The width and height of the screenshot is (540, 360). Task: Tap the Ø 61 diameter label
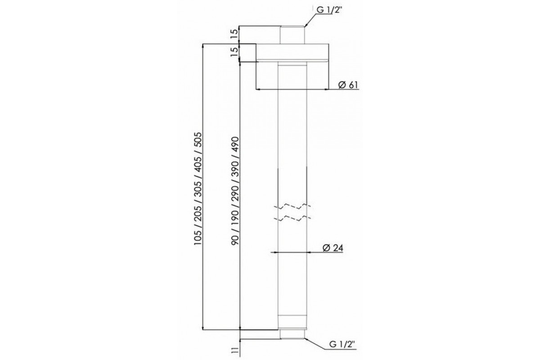[x=348, y=85]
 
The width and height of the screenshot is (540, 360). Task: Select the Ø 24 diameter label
[x=333, y=248]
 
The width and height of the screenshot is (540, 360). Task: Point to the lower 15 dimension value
[x=234, y=52]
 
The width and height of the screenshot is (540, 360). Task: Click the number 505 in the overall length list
[x=199, y=139]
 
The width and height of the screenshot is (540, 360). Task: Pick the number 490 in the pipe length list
[x=235, y=144]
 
